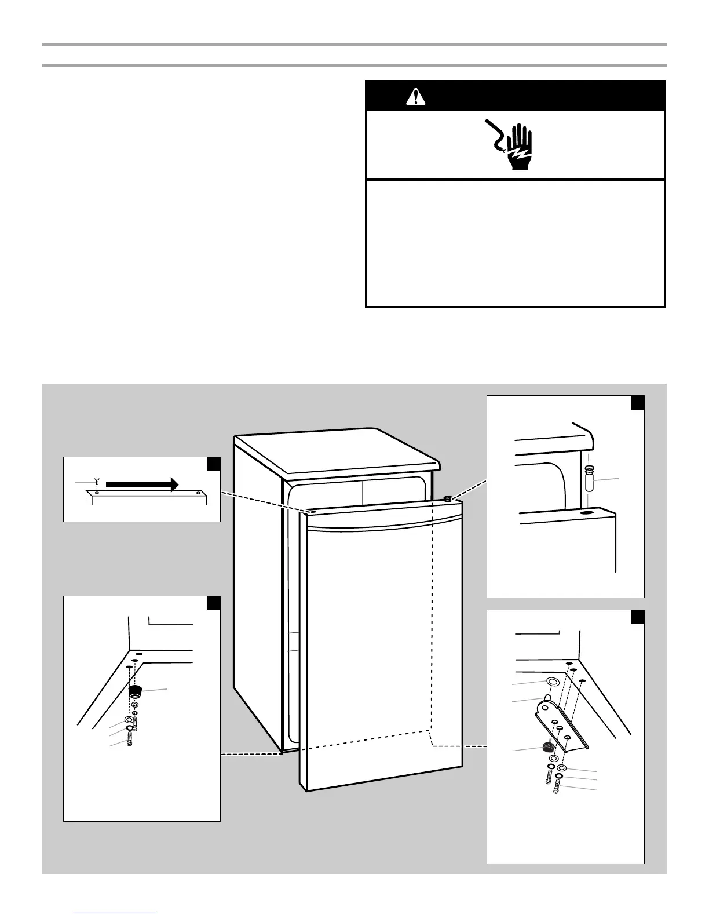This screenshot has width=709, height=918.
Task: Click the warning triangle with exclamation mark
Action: point(415,96)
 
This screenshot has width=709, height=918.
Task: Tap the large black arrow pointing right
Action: point(142,485)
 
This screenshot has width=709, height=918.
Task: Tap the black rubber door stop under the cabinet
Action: point(136,691)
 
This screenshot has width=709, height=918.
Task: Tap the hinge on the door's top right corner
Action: point(447,497)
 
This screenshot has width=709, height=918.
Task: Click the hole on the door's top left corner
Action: point(311,512)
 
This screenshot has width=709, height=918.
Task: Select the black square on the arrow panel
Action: point(214,464)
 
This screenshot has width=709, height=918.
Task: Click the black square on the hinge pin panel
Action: point(637,402)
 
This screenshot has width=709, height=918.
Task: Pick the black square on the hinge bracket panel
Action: point(637,617)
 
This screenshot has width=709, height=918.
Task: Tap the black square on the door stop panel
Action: point(214,603)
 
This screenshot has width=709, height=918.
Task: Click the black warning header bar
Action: point(515,96)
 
